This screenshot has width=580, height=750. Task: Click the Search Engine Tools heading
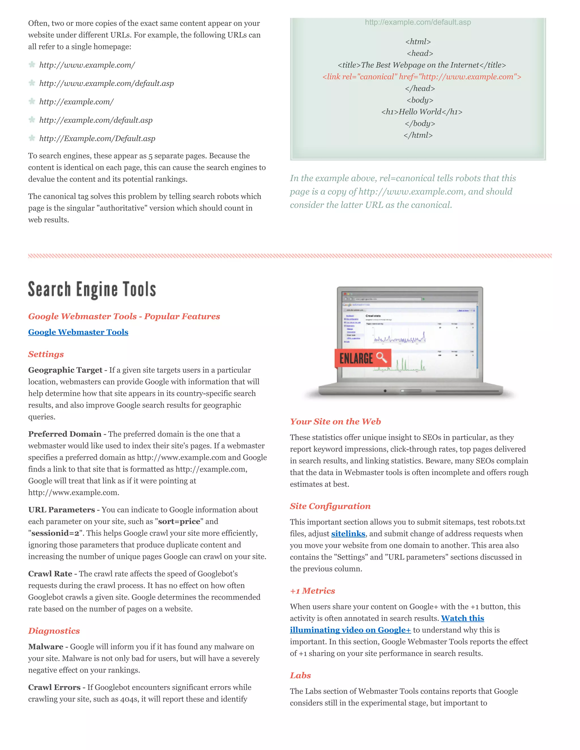tap(92, 289)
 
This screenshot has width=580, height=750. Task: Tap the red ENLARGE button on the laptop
tap(362, 358)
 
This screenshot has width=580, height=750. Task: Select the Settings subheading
tap(46, 354)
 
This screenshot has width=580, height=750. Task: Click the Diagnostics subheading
tap(54, 631)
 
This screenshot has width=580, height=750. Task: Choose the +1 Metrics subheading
tap(312, 591)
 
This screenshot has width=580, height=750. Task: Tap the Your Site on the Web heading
tap(335, 421)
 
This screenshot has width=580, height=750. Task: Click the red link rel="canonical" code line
tap(422, 77)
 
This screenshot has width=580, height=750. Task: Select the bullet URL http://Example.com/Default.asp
tap(97, 138)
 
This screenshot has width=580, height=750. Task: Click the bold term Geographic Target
tap(65, 370)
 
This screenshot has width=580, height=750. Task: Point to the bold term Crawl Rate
tap(50, 574)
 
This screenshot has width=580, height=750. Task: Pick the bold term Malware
tap(45, 647)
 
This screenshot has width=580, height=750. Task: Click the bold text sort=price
tap(179, 521)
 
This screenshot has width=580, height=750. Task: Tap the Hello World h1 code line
tap(422, 112)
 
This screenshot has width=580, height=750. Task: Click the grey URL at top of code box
tap(417, 22)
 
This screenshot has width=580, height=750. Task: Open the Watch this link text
tap(462, 618)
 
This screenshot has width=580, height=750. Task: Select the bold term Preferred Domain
tap(65, 434)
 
